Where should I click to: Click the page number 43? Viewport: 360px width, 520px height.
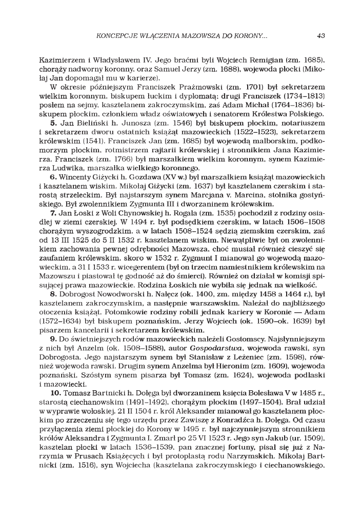(321, 36)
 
